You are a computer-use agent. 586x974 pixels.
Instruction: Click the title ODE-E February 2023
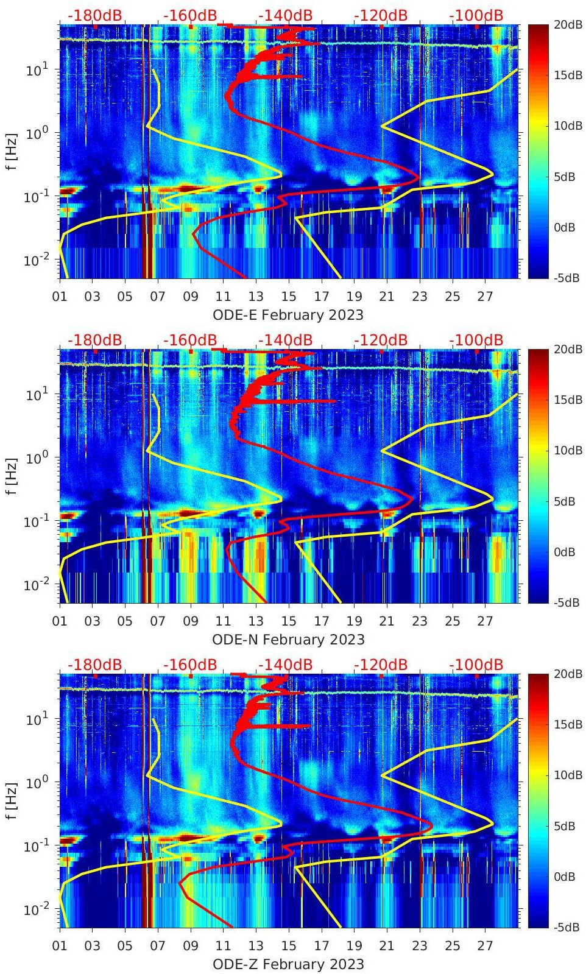tap(288, 315)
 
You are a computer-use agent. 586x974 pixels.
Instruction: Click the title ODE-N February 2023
tap(288, 640)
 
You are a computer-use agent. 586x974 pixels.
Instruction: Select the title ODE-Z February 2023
tap(288, 964)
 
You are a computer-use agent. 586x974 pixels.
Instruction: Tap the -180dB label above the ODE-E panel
tap(94, 15)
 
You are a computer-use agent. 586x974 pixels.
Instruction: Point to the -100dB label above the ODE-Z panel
tap(476, 665)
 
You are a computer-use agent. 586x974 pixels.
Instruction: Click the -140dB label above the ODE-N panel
tap(285, 340)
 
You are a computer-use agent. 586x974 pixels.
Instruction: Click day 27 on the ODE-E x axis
tap(485, 297)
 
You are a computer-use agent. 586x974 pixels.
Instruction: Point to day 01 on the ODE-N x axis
tap(60, 621)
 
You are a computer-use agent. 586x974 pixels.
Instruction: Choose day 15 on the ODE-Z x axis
tap(289, 946)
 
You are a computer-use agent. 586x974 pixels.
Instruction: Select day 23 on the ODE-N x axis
tap(420, 621)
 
